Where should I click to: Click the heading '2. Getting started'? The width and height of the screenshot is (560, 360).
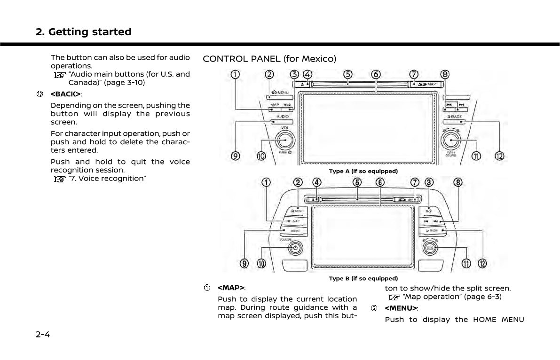[x=84, y=32]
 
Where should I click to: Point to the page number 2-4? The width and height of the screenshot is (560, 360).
[x=43, y=335]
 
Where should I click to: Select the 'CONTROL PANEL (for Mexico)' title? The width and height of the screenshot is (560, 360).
[x=269, y=59]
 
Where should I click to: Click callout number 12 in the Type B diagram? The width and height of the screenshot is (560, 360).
[x=482, y=264]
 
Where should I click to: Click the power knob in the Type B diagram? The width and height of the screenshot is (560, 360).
[x=295, y=248]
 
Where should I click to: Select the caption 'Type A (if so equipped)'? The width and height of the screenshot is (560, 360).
[x=363, y=171]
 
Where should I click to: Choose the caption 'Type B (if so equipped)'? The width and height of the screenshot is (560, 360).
[x=363, y=279]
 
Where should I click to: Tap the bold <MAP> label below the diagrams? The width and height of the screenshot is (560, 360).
[x=231, y=288]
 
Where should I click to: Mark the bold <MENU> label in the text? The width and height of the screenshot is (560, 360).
[x=401, y=308]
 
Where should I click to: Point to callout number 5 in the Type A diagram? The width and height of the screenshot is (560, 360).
[x=347, y=75]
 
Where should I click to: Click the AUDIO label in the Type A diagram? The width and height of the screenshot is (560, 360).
[x=283, y=116]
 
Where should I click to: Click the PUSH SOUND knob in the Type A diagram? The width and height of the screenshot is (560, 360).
[x=451, y=140]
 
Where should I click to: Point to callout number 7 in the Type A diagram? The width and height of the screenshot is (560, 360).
[x=414, y=75]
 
